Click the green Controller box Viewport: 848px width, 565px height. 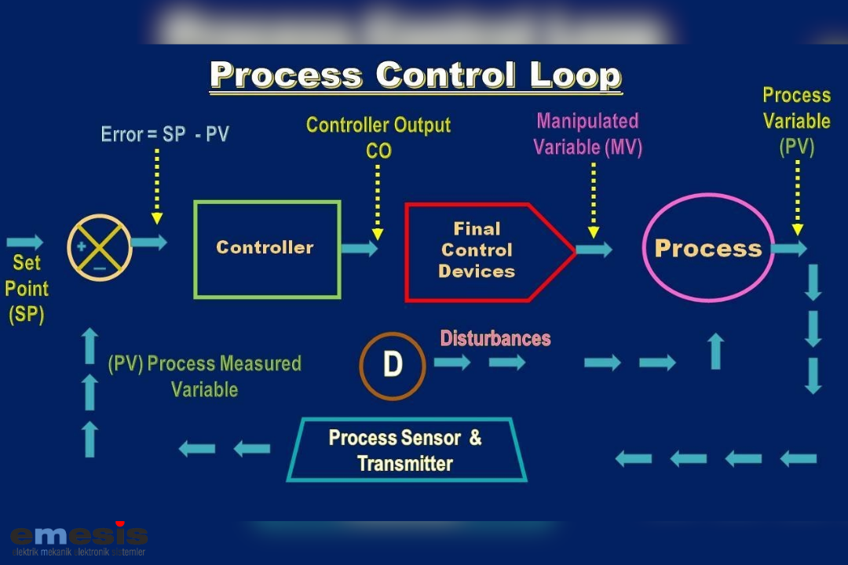[x=267, y=249]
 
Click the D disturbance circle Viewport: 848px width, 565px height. [x=393, y=366]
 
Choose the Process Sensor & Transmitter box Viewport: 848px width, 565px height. [x=405, y=450]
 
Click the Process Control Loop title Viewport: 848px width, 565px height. [x=415, y=76]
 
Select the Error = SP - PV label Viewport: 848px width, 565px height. [x=165, y=134]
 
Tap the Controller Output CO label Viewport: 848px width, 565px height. [x=378, y=137]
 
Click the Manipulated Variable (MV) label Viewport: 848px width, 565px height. [x=587, y=133]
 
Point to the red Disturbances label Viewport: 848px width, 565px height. [x=495, y=338]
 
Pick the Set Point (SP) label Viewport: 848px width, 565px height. [x=27, y=289]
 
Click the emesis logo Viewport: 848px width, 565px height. [x=79, y=538]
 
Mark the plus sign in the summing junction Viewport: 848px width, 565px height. [x=81, y=246]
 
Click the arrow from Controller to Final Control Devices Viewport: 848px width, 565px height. [x=360, y=248]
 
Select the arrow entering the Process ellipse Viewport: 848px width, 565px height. [x=594, y=250]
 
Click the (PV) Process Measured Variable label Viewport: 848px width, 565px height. [x=204, y=376]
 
